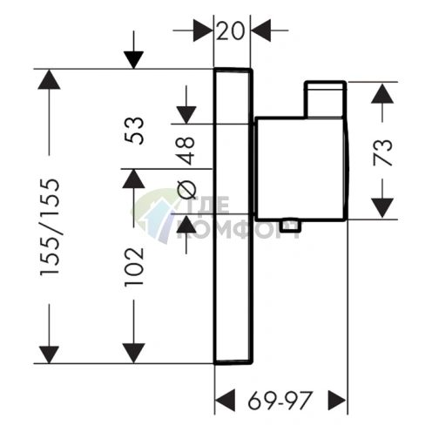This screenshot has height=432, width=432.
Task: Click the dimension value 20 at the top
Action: pos(230,31)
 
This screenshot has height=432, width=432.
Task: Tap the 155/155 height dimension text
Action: pos(50,227)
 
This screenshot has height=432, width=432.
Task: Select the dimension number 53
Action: pos(134,131)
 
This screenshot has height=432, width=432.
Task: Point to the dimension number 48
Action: pos(186,151)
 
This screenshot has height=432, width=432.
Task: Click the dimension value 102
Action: pos(134,267)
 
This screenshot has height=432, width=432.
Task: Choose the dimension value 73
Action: pos(382,153)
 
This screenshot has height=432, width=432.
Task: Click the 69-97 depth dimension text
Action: pos(280,401)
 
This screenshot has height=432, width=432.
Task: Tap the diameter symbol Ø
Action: pos(186,190)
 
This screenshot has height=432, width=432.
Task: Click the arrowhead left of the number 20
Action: pos(203,30)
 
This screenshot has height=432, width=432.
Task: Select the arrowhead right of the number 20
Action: pos(261,30)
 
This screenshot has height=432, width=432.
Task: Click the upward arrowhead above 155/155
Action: pos(49,79)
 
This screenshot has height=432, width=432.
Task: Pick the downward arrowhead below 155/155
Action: pos(49,354)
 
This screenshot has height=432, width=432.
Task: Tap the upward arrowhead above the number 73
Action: pos(382,93)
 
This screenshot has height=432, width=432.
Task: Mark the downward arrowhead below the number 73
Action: pos(382,208)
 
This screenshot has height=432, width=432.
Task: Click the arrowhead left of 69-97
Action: pos(226,401)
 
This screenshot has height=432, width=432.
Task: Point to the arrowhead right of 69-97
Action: pos(337,401)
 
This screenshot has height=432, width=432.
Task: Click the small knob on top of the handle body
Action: pos(325,99)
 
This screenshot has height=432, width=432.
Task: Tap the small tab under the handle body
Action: pos(290,226)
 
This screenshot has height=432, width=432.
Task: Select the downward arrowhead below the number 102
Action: pos(133,353)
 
